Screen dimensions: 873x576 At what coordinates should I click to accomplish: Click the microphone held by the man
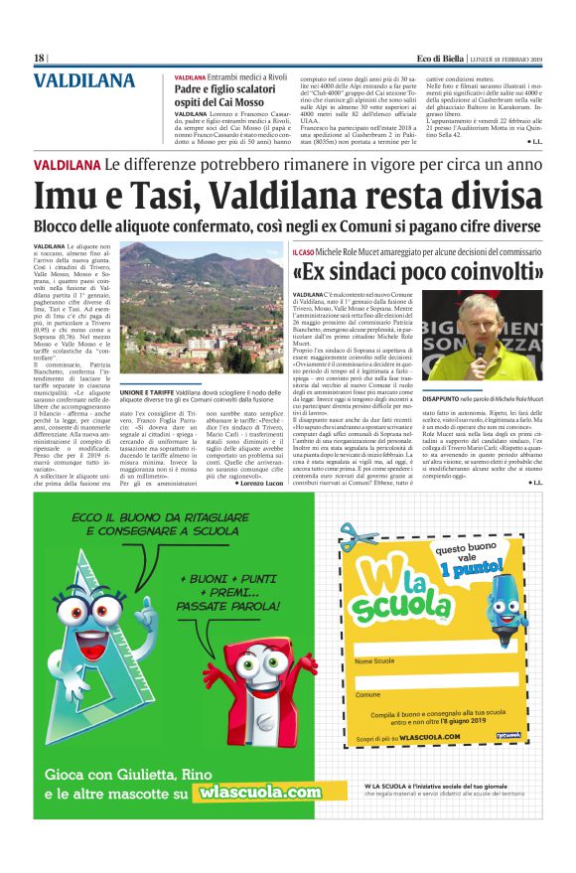coord(481,350)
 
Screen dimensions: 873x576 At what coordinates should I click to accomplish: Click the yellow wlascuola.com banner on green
coord(259,792)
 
